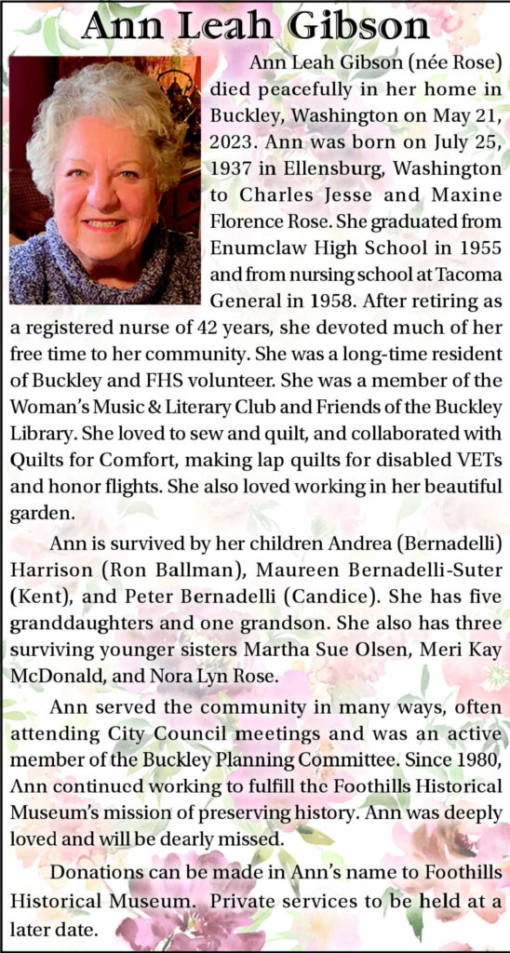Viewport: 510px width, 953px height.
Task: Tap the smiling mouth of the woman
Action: pyautogui.click(x=103, y=223)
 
